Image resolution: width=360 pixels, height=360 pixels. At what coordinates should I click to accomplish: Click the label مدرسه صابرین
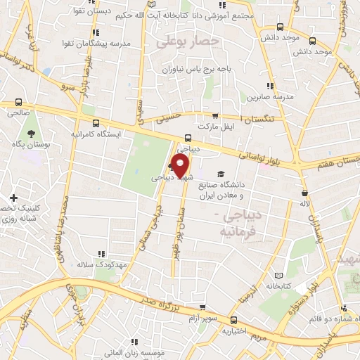265,97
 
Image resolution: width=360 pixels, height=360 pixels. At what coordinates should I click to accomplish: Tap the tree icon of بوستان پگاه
31,133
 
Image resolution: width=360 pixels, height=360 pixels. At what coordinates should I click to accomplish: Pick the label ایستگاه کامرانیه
97,133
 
